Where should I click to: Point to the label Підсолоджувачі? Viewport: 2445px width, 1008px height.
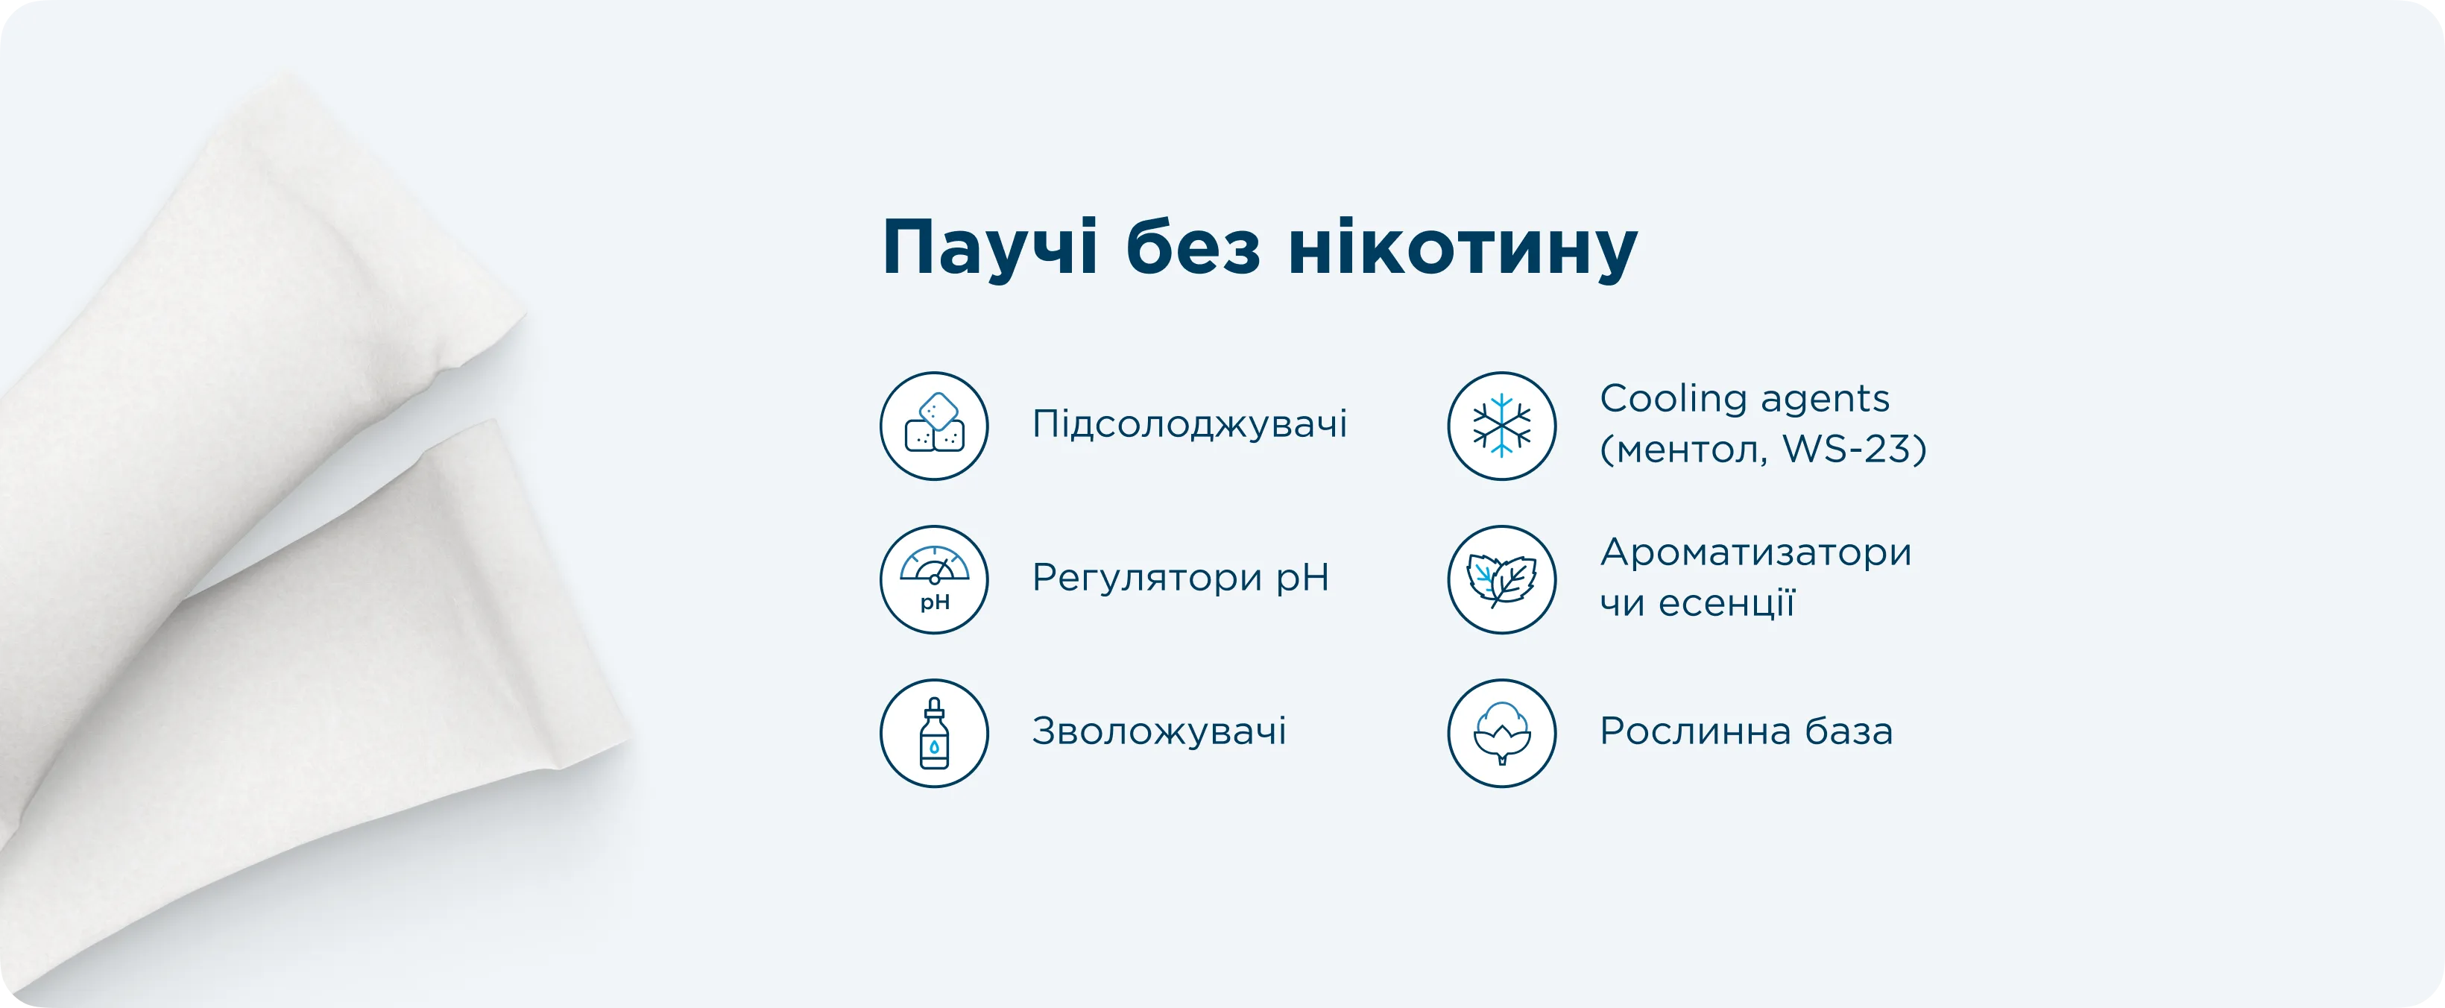click(1189, 424)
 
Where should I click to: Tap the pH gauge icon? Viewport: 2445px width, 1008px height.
click(934, 579)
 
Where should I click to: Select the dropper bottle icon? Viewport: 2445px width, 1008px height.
click(934, 733)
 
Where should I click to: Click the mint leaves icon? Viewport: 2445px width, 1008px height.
click(1501, 579)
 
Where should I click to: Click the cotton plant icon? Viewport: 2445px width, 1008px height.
click(1501, 733)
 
